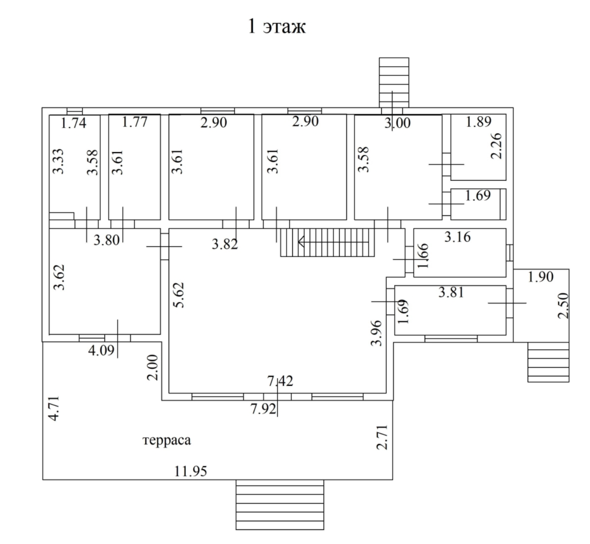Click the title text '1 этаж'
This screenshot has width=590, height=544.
pos(277,26)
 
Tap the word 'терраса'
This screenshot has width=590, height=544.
pos(167,440)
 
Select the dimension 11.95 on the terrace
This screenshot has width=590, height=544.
pos(191,471)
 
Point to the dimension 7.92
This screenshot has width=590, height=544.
pos(263,409)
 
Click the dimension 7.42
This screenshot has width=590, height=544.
pos(280,381)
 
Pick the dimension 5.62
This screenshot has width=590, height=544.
pos(179,295)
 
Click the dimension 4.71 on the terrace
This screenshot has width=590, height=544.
pos(54,408)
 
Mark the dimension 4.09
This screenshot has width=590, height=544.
pos(101,351)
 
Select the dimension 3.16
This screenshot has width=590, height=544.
pos(457,237)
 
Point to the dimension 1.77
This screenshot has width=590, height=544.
pos(134,122)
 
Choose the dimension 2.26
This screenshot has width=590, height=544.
pos(497,146)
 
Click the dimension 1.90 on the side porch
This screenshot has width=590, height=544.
pos(540,277)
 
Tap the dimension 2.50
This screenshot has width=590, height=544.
pos(564,306)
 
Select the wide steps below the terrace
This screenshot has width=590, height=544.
pos(280,505)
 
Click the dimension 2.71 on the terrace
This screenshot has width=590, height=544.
pos(382,437)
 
